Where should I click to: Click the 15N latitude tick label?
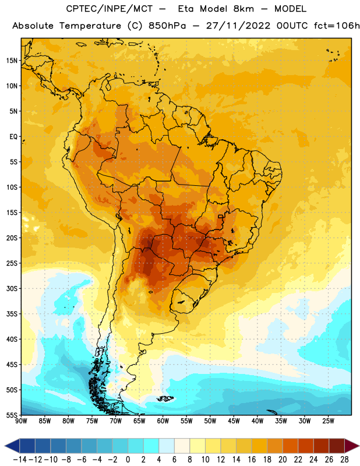pyautogui.click(x=12, y=61)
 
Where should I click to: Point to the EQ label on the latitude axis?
pyautogui.click(x=13, y=137)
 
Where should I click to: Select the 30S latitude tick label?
pyautogui.click(x=12, y=288)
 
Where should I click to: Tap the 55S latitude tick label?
pyautogui.click(x=12, y=415)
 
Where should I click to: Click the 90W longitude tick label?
pyautogui.click(x=21, y=421)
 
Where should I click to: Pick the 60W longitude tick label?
pyautogui.click(x=163, y=421)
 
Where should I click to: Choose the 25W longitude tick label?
pyautogui.click(x=328, y=421)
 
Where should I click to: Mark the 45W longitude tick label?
pyautogui.click(x=234, y=421)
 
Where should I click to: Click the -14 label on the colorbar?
pyautogui.click(x=20, y=460)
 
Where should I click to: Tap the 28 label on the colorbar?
pyautogui.click(x=344, y=460)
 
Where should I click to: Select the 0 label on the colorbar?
pyautogui.click(x=128, y=460)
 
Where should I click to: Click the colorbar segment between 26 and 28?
pyautogui.click(x=337, y=446)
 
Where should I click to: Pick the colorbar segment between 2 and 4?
pyautogui.click(x=151, y=446)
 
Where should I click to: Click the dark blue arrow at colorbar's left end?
pyautogui.click(x=12, y=446)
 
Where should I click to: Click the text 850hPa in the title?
pyautogui.click(x=167, y=26)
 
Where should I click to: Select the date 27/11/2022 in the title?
pyautogui.click(x=238, y=26)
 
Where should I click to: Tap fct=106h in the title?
pyautogui.click(x=337, y=26)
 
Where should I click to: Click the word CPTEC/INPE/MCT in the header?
pyautogui.click(x=110, y=9)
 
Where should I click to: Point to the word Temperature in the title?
pyautogui.click(x=90, y=26)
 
